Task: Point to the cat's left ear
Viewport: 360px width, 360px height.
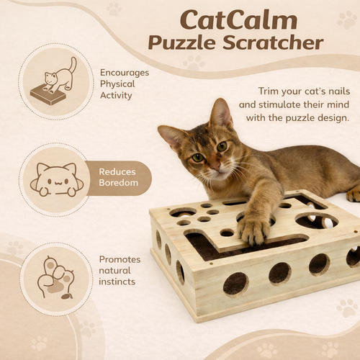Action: pyautogui.click(x=174, y=135)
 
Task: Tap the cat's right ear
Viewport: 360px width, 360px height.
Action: pyautogui.click(x=220, y=113)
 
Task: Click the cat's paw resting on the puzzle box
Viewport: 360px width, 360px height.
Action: pyautogui.click(x=253, y=230)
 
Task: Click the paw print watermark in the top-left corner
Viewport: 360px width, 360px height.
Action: pyautogui.click(x=114, y=9)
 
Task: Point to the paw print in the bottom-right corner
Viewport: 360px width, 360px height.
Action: pyautogui.click(x=346, y=308)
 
